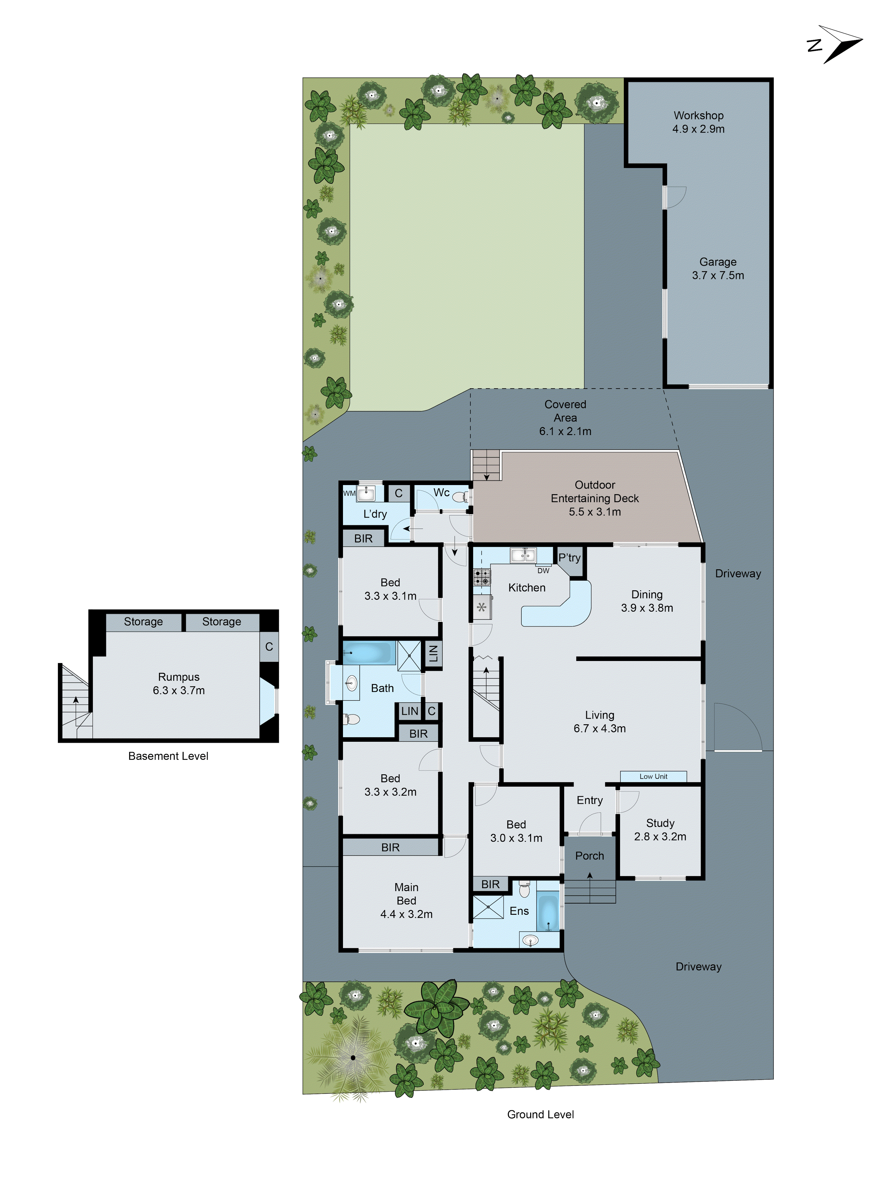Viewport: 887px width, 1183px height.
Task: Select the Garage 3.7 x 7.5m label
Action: tap(718, 269)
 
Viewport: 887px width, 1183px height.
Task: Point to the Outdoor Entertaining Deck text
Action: tap(595, 498)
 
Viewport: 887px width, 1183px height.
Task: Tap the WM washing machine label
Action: tap(349, 493)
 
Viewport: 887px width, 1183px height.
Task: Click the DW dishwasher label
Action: tap(543, 571)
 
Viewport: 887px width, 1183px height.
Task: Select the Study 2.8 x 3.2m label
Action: tap(660, 830)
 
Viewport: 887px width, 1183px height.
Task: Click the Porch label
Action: tap(589, 856)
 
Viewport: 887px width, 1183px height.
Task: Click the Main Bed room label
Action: tap(406, 901)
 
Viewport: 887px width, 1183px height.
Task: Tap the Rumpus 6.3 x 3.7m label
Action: tap(179, 683)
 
